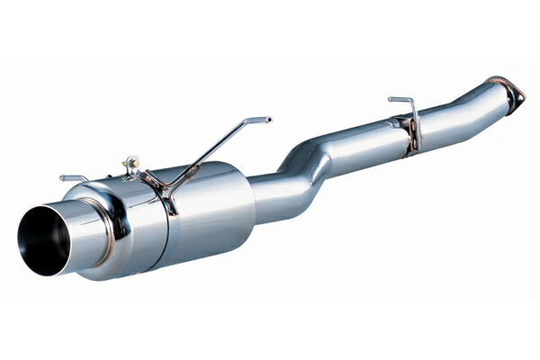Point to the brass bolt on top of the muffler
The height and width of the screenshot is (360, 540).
tap(131, 164)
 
